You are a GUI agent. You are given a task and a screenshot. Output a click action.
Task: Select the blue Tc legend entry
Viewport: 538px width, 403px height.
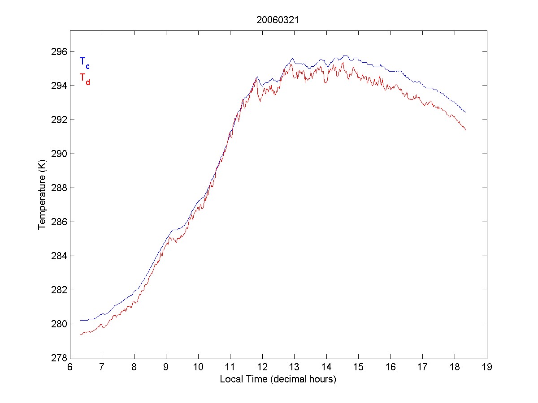coord(84,63)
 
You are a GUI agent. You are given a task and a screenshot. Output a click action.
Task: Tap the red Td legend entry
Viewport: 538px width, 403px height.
coord(84,78)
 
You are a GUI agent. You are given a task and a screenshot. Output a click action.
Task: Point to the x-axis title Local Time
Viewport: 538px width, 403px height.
coord(278,379)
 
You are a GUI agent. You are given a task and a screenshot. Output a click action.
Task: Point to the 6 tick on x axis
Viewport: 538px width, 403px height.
coord(70,367)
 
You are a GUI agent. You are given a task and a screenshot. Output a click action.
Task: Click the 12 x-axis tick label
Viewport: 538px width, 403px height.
coord(262,367)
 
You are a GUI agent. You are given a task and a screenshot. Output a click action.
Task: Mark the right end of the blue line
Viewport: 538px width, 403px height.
coord(466,112)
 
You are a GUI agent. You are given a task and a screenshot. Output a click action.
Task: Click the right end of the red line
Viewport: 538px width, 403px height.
coord(466,130)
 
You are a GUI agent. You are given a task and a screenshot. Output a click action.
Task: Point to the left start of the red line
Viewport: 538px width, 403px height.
coord(81,334)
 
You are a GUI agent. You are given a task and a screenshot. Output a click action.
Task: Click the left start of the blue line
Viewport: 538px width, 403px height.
coord(81,320)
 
